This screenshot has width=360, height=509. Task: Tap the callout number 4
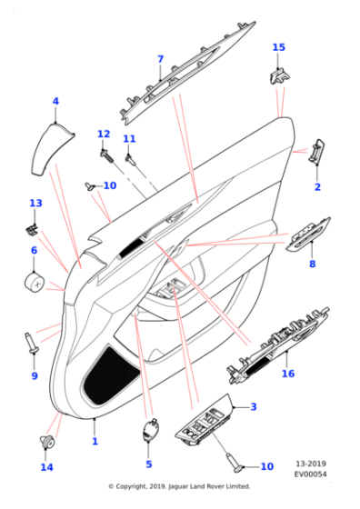[x=55, y=102]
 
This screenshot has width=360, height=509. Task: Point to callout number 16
[x=289, y=374]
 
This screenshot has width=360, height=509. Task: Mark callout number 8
[x=312, y=264]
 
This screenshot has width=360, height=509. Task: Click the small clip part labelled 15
[x=277, y=73]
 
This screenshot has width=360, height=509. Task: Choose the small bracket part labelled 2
[x=317, y=150]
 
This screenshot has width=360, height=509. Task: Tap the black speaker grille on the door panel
[x=109, y=374]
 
